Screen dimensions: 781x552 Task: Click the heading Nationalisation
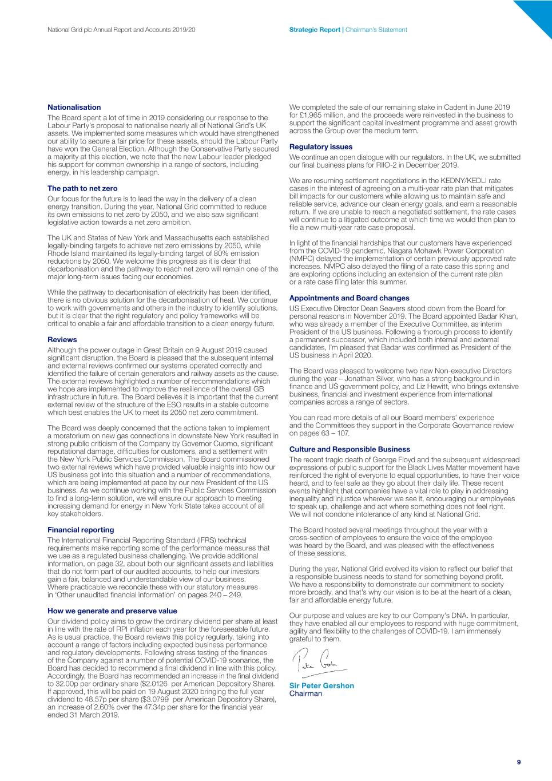click(x=74, y=108)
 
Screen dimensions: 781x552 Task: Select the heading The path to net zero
click(x=82, y=188)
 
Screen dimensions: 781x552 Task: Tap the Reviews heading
click(x=62, y=339)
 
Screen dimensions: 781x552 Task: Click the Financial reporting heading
click(x=81, y=530)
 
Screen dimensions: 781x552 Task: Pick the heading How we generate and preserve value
click(x=112, y=611)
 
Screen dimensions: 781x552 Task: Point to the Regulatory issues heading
click(x=321, y=147)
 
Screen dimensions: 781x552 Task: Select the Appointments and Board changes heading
click(x=349, y=298)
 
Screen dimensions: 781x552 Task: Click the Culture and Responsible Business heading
click(x=350, y=449)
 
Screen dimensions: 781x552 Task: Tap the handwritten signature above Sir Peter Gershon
click(x=318, y=663)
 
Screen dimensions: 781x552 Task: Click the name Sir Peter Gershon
click(x=321, y=686)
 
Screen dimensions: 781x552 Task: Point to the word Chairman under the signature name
click(x=305, y=693)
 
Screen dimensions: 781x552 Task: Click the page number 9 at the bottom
click(x=519, y=762)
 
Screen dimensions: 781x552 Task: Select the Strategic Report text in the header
click(x=315, y=30)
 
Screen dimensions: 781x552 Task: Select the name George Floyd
click(x=394, y=460)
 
